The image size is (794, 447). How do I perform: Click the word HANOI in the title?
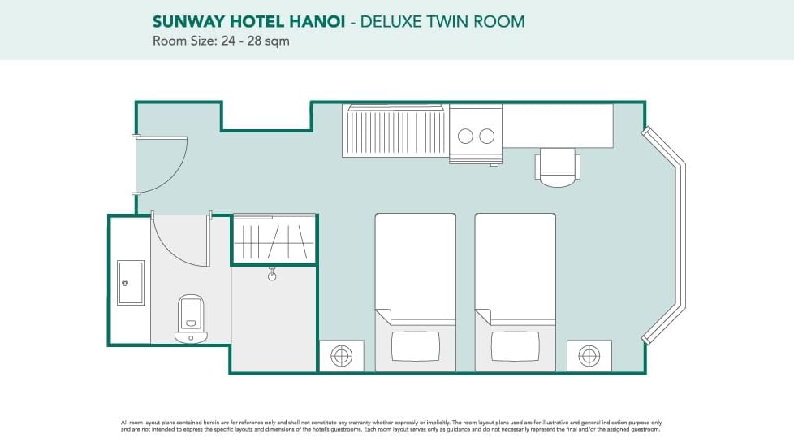coord(317,22)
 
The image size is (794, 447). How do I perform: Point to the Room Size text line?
coord(221,41)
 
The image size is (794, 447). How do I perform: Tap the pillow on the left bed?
coord(415,346)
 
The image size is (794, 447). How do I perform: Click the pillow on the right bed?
coord(515,346)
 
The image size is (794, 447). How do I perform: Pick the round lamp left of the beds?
coord(341,355)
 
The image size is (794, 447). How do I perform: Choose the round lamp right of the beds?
coord(589,355)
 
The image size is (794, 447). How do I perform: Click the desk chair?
coord(557,167)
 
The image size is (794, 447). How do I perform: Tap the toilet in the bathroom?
coord(191,317)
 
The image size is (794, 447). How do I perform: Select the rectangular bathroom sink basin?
coord(130,282)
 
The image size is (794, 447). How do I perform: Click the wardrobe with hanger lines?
coord(274,241)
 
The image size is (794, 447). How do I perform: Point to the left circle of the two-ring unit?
coord(466,136)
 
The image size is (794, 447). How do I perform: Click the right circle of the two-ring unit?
coord(487,136)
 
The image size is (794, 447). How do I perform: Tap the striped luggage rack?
coord(395,132)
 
